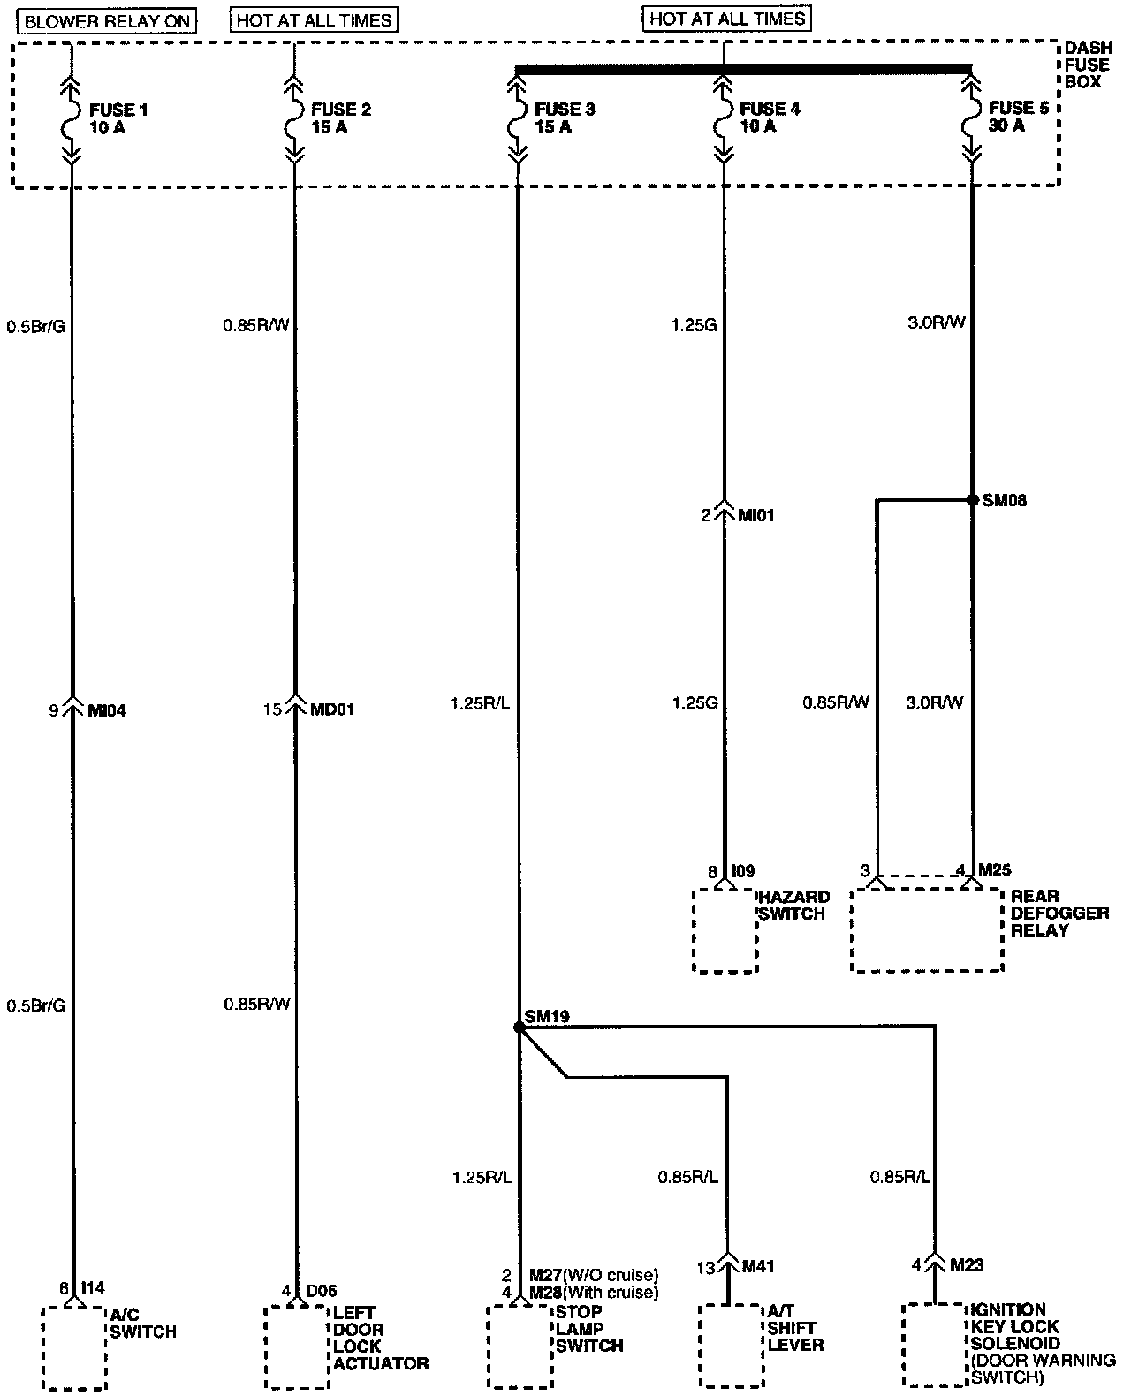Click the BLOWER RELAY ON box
pos(107,21)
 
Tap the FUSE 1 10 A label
pos(118,118)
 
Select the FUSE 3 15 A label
pos(565,118)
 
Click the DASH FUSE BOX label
pos(1087,64)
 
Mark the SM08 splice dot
pos(973,500)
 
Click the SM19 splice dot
pos(518,1028)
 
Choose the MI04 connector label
pos(107,709)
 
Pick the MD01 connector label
pos(332,709)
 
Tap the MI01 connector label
pos(755,515)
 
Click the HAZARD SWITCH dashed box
pos(725,930)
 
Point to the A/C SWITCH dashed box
pos(74,1348)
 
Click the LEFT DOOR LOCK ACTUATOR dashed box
pos(297,1348)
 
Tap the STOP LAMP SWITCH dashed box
pos(520,1348)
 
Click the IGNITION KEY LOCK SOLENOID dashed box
pos(935,1345)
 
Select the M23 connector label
pos(967,1265)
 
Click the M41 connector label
pos(759,1267)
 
